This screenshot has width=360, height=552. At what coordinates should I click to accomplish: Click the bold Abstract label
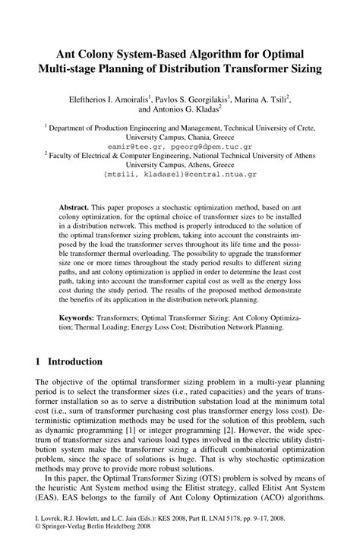coord(74,207)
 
